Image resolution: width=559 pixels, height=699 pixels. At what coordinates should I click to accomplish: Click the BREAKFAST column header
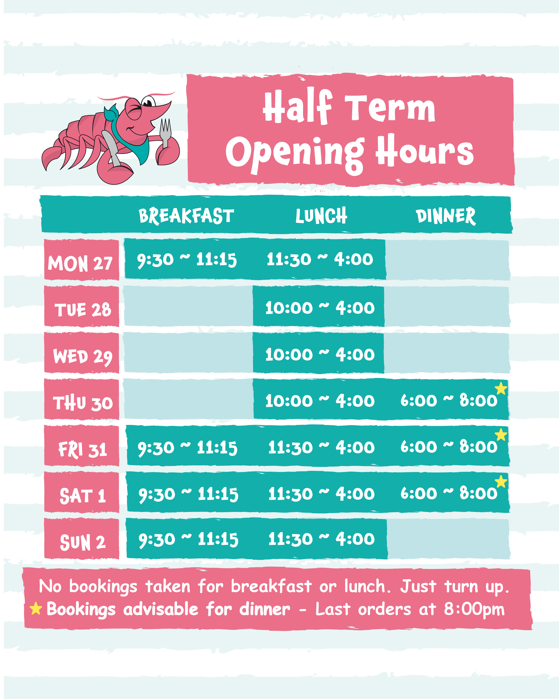(186, 216)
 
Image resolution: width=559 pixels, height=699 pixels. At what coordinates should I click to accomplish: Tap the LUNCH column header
(321, 216)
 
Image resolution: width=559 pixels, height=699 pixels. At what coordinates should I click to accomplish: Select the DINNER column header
(446, 216)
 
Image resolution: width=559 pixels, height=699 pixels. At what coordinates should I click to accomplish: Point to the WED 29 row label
(83, 357)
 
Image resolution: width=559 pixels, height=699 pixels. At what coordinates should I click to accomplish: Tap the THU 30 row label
(83, 403)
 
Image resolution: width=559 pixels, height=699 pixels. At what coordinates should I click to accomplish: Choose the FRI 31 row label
(83, 450)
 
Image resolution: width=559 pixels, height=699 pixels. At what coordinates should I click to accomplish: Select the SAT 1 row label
(83, 496)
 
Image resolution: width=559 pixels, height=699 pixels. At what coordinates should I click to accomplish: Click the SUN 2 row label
(83, 542)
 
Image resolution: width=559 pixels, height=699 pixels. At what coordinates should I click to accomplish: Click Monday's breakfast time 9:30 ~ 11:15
(187, 260)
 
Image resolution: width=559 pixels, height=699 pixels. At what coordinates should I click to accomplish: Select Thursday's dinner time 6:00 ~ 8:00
(449, 401)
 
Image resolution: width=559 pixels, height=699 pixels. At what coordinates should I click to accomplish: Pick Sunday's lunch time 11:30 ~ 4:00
(321, 539)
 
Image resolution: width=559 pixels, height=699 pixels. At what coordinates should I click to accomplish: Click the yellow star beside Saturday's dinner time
(501, 481)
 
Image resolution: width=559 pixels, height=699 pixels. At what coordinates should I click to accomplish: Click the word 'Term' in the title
(390, 108)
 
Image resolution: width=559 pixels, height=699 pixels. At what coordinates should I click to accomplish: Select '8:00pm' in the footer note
(474, 609)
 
